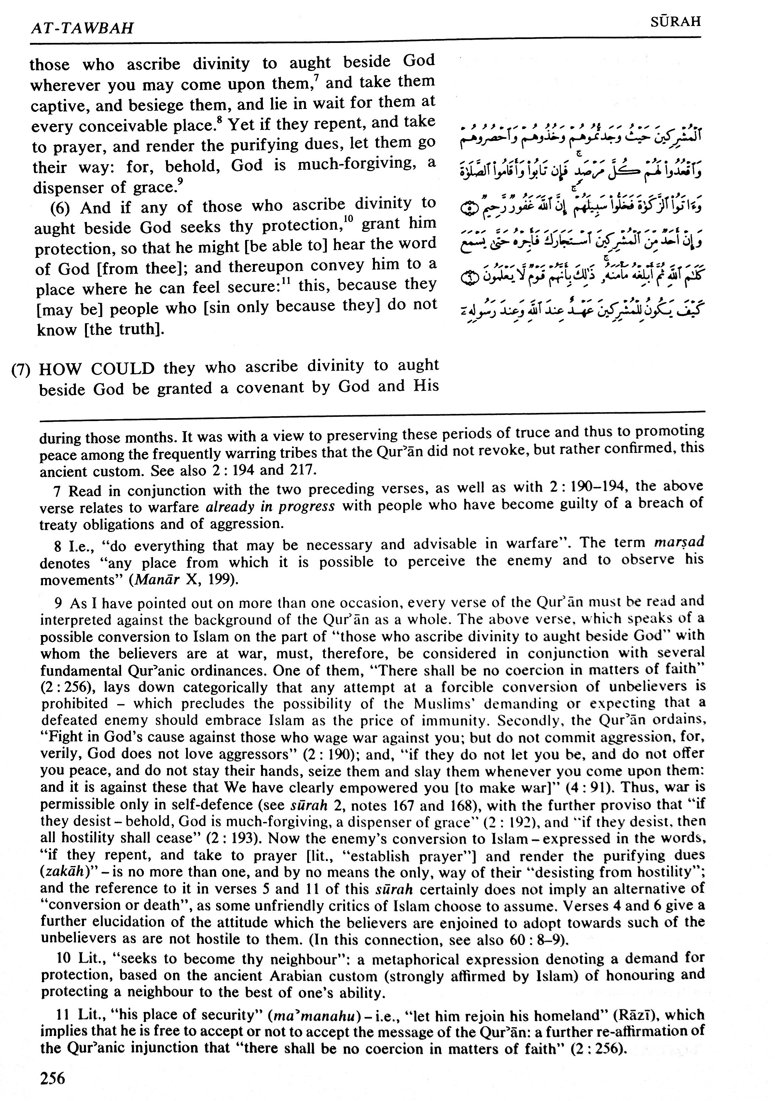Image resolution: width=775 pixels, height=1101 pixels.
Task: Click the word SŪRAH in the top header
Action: [x=676, y=21]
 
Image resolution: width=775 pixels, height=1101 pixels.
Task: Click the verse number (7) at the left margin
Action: [x=21, y=370]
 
